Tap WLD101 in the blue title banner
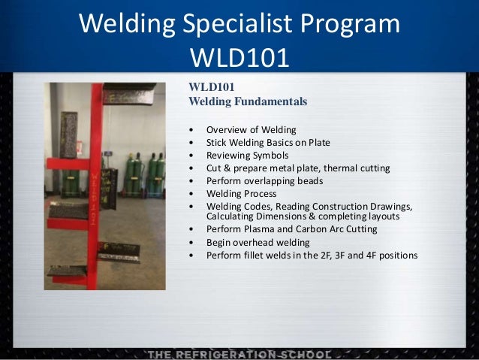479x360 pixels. (239, 57)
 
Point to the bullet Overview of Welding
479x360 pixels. (251, 129)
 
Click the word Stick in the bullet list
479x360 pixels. (218, 142)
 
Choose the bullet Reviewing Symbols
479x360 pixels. (247, 155)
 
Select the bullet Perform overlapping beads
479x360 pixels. (265, 180)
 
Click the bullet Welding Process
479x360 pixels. (242, 193)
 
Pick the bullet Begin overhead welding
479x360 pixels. (259, 242)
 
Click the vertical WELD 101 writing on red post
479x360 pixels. (95, 195)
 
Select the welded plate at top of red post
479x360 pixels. (129, 93)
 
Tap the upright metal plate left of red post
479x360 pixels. (69, 134)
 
